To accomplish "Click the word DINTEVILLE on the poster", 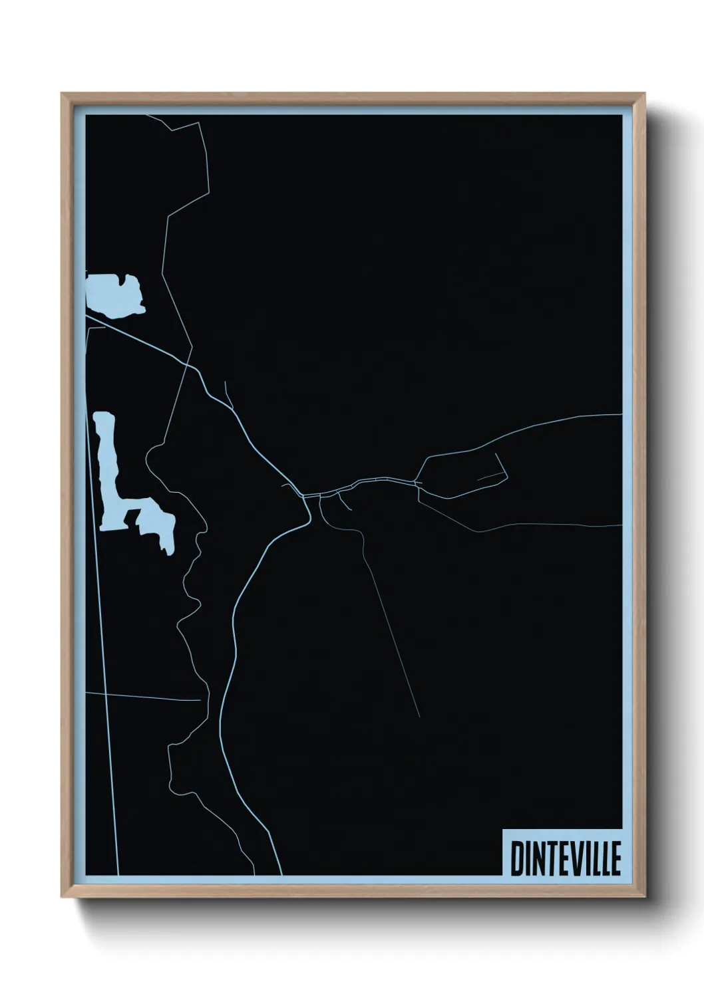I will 565,858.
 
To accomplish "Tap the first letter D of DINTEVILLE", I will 516,858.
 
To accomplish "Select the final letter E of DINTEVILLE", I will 615,858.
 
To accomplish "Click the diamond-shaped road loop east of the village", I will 462,474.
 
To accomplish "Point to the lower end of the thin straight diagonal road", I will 419,716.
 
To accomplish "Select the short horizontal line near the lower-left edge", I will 143,696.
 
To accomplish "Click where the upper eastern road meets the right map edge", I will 620,415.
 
